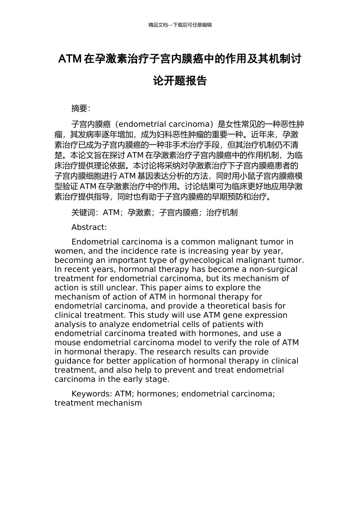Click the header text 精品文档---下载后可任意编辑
(180, 25)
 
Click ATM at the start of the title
(70, 59)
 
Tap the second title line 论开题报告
(180, 81)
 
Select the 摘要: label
(81, 109)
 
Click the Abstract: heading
(89, 227)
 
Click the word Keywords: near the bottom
(91, 394)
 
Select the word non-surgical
(274, 269)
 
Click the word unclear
(122, 288)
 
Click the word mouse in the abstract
(67, 343)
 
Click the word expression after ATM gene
(266, 315)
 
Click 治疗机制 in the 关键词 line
(222, 212)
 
